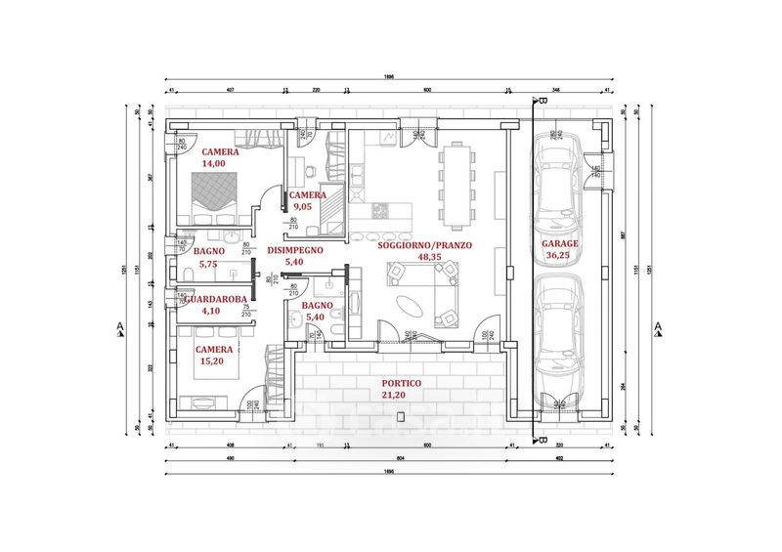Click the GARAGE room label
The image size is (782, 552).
click(560, 243)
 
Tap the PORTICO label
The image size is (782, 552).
click(401, 384)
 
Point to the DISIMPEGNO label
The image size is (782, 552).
click(294, 250)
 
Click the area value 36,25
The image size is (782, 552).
click(560, 255)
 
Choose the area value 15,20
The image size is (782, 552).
click(213, 361)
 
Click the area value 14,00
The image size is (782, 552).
click(214, 164)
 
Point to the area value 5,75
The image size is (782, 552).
click(208, 263)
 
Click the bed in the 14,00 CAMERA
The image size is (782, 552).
click(213, 201)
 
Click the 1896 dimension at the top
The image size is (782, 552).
click(390, 77)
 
